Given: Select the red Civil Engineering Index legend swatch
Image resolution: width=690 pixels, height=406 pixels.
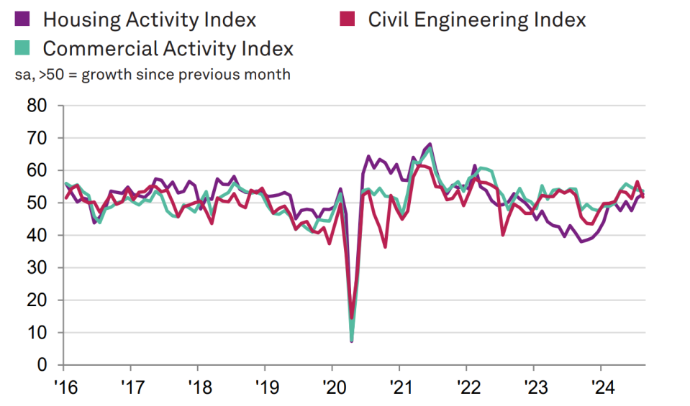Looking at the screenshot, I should pyautogui.click(x=349, y=19).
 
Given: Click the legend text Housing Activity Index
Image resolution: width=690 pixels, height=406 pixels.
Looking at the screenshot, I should pyautogui.click(x=149, y=19).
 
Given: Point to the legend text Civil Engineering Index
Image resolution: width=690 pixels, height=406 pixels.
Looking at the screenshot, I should pyautogui.click(x=476, y=19).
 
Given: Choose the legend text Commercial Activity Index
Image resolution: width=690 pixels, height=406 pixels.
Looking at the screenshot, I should pyautogui.click(x=168, y=49).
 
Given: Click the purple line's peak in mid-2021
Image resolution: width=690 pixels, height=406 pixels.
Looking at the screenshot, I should pyautogui.click(x=430, y=144).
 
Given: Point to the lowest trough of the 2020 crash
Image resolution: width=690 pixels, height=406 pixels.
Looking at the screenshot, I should pyautogui.click(x=351, y=341).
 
